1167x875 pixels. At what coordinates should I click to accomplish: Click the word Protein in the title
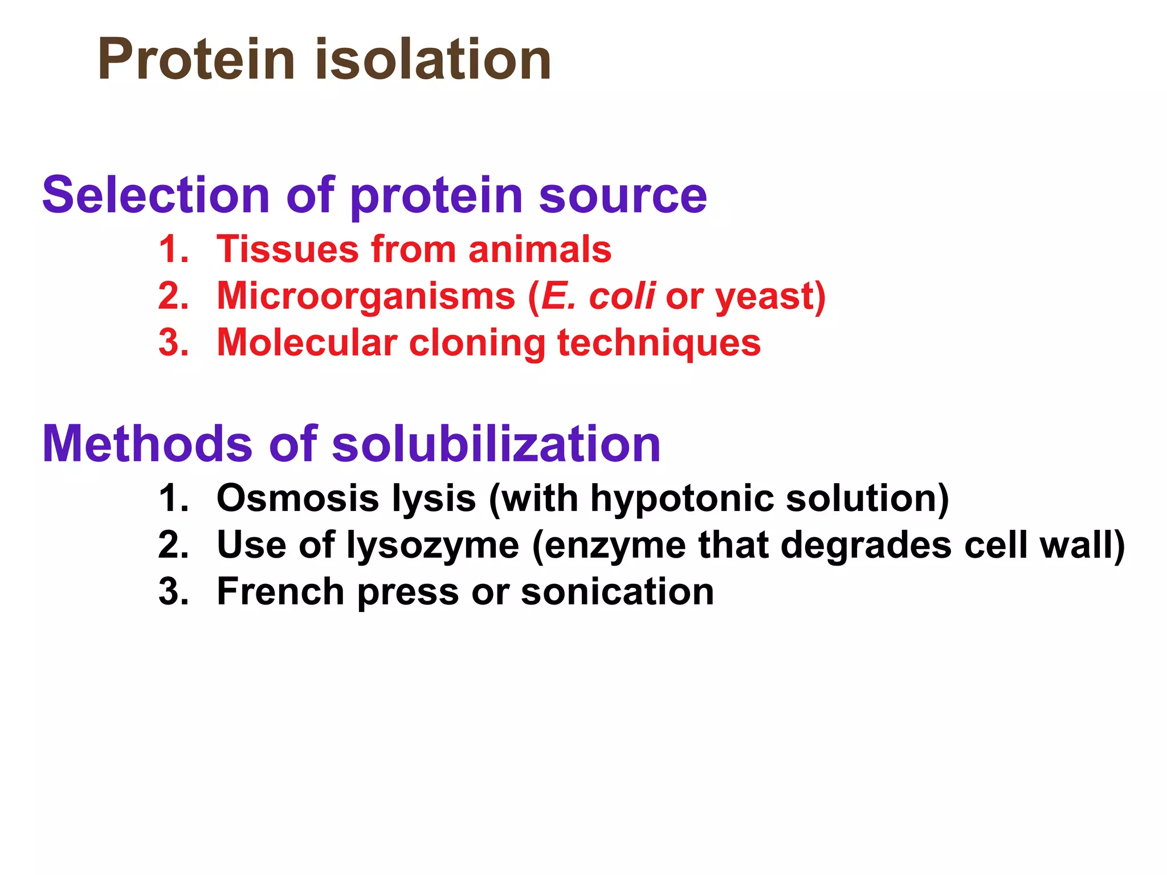pos(197,60)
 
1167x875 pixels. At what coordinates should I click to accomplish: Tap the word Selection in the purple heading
pos(156,195)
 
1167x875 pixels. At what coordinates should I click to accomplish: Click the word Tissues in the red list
pos(288,250)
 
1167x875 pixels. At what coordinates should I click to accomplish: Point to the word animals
pos(540,250)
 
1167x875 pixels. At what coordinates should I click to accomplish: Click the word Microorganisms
pos(366,297)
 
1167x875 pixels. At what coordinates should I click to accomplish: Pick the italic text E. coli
pos(598,296)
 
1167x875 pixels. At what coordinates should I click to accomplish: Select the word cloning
pos(478,344)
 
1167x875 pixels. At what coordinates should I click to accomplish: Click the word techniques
pos(659,344)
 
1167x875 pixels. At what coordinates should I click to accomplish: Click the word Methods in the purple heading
pos(147,444)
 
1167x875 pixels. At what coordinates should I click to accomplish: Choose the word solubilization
pos(496,444)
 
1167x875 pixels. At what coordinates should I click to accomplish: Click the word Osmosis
pos(297,498)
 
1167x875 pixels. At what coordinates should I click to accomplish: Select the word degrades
pos(866,546)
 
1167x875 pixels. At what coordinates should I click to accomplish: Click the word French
pos(280,592)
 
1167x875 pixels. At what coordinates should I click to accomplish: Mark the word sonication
pos(617,592)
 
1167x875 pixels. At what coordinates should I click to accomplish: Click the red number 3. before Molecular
pos(173,344)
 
